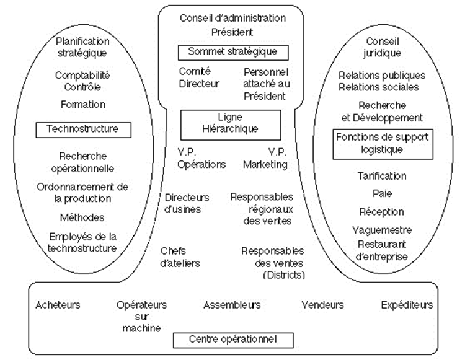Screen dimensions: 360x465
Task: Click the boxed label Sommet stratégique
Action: (232, 51)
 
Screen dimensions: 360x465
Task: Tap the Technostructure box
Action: (84, 130)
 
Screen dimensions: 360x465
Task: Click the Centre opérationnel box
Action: (232, 340)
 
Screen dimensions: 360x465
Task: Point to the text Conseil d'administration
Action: (232, 18)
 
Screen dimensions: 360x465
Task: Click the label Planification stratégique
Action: (82, 47)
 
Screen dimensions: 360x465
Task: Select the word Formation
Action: (83, 105)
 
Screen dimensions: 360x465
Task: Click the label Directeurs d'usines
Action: (187, 204)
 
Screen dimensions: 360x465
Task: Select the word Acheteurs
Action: (58, 305)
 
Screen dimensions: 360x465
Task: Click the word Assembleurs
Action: (232, 305)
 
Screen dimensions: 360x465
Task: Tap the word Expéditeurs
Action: (407, 305)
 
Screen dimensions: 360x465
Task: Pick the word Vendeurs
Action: (322, 305)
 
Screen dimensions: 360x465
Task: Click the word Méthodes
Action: (83, 217)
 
